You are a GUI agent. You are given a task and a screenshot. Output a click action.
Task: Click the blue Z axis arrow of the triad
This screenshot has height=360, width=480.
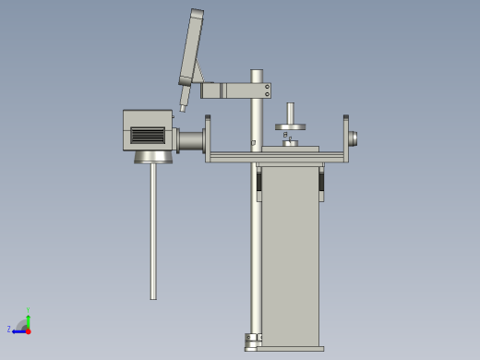(16, 329)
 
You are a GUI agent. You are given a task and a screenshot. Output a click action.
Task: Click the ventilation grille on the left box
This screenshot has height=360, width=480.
(147, 135)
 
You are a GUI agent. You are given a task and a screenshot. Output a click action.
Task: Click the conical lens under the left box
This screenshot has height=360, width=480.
(153, 157)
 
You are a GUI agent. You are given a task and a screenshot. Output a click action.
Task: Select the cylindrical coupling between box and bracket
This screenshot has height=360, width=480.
(190, 140)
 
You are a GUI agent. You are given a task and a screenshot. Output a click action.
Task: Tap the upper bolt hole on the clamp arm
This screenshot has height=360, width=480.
(268, 87)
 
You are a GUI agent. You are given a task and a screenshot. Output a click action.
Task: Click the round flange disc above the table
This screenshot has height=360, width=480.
(290, 126)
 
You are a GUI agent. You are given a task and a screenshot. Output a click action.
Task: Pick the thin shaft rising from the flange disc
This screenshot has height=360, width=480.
(290, 112)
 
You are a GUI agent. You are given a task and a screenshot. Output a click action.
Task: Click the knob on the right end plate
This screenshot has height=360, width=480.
(354, 138)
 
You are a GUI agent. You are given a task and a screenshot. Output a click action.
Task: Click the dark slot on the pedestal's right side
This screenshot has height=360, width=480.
(322, 182)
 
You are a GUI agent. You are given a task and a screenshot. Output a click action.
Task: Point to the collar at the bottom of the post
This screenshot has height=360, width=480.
(251, 339)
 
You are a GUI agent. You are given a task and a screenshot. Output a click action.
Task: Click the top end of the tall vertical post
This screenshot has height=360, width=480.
(257, 73)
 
